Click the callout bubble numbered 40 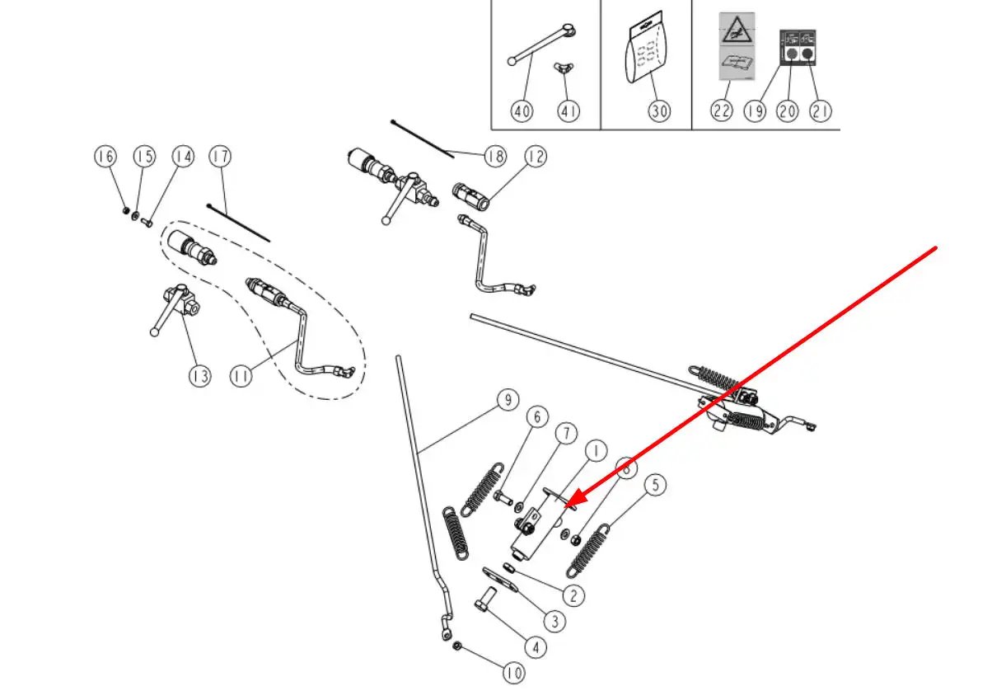522,110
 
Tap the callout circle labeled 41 568,110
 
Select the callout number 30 658,110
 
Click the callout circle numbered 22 722,110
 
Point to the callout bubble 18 494,156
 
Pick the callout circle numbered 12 536,156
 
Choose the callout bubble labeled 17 218,156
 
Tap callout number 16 105,156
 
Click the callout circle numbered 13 199,376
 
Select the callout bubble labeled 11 241,376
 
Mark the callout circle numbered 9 508,401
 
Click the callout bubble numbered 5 654,485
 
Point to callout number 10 512,674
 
